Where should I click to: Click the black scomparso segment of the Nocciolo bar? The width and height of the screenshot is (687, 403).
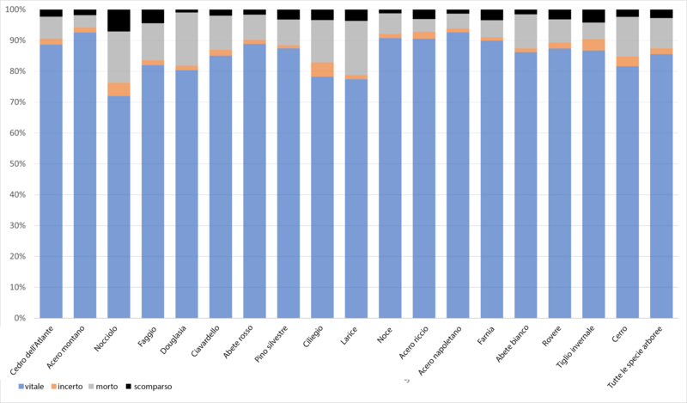(119, 20)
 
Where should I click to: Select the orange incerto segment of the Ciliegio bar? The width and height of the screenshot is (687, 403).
(323, 70)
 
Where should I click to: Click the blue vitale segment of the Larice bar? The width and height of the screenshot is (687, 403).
(357, 198)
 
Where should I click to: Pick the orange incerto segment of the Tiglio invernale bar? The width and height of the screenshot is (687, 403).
(594, 45)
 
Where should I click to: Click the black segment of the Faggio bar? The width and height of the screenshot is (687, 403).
(153, 16)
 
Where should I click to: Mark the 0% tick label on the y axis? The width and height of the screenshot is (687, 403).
(20, 318)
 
